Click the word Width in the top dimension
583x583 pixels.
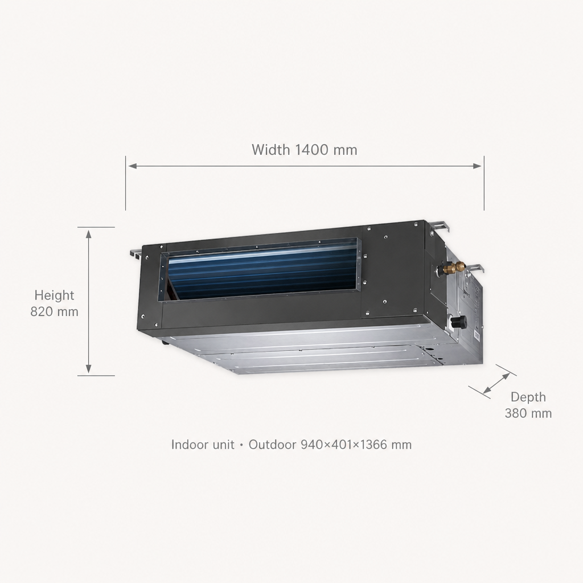coord(270,150)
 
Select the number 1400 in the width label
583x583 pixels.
coord(311,150)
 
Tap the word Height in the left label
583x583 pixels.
coord(54,295)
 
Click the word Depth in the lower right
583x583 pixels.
coord(528,397)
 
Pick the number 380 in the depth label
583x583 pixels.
coord(516,413)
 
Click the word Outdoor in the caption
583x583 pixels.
coord(272,445)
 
